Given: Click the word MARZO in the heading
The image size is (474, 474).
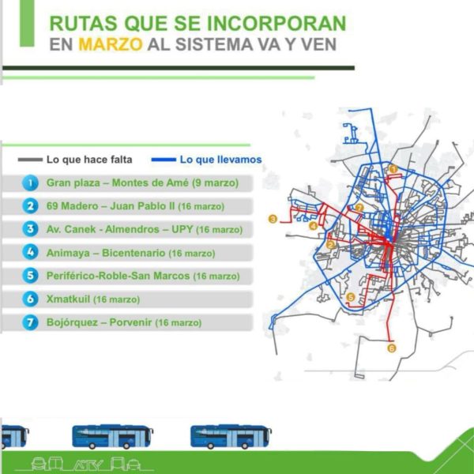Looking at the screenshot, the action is coord(111,44).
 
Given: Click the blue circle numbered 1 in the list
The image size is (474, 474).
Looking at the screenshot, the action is coord(30,183).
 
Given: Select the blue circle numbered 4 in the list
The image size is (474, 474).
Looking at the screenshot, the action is coord(30,253).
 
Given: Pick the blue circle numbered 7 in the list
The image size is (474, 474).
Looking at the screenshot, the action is coord(30,322).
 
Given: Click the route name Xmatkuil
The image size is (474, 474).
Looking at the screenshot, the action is coord(68,299).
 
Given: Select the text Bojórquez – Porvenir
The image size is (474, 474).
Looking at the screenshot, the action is coord(99,322).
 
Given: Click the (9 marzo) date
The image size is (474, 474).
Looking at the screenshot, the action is coord(215,183).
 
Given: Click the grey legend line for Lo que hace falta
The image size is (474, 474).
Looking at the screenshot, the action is coord(30,160).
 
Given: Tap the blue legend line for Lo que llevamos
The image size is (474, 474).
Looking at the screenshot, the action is coord(164,160).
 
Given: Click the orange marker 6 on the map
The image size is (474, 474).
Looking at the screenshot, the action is coord(392,348).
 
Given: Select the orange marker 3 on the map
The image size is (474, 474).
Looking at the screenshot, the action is coord(273,219).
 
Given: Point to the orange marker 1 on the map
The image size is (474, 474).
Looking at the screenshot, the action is coord(393,169).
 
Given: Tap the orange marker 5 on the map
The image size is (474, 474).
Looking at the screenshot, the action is coord(351,297).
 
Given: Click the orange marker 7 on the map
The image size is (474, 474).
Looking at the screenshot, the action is coord(359,208).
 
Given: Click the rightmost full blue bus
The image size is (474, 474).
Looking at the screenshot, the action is coord(231,436).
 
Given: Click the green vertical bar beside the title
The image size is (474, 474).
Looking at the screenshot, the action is coord(27,23).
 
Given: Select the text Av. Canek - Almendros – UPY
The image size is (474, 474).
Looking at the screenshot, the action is coord(119,229).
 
